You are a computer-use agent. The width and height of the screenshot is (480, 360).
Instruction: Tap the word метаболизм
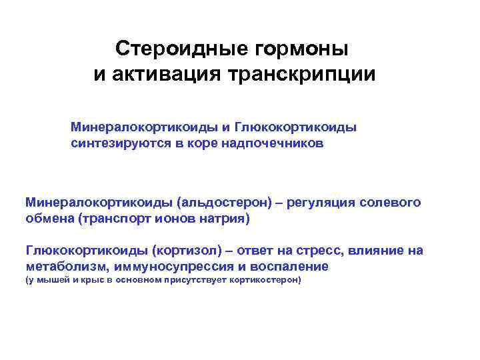click(66, 267)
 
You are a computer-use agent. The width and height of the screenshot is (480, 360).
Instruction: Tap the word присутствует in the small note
click(199, 281)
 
